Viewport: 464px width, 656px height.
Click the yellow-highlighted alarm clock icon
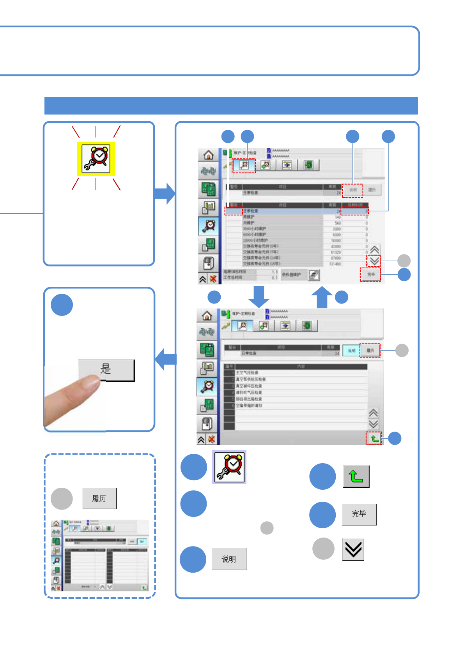(96, 159)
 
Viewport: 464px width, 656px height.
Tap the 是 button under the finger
(106, 369)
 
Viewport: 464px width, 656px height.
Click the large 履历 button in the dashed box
(99, 498)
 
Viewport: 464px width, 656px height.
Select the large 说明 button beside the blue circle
(229, 559)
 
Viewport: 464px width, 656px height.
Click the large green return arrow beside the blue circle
(356, 476)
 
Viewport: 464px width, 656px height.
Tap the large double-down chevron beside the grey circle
(353, 549)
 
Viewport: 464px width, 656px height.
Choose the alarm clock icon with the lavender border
(229, 467)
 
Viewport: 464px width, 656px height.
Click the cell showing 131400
(335, 264)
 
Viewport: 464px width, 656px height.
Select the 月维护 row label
(249, 223)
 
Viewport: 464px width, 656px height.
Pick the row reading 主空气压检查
(247, 373)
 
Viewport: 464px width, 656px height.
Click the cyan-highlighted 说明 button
(351, 351)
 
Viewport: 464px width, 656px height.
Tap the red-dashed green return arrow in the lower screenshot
(374, 439)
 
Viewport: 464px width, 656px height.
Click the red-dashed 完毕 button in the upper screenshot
(370, 275)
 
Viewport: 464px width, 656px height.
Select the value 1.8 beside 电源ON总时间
(275, 272)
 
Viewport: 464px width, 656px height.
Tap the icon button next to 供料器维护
(314, 275)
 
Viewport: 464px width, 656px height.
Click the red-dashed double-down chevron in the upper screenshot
(374, 261)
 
